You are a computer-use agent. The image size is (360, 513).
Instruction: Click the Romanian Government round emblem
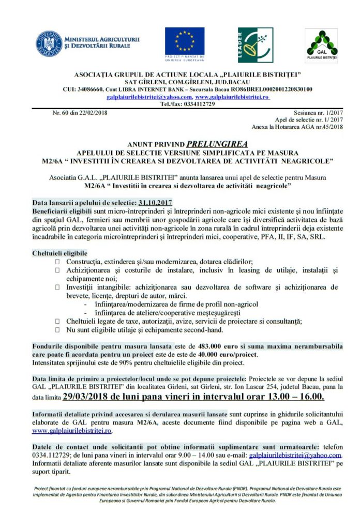49,44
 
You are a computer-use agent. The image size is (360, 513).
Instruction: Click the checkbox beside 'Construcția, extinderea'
57,262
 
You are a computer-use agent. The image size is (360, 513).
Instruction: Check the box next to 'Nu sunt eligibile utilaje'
57,329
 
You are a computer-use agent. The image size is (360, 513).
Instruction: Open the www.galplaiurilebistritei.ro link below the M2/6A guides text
72,430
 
